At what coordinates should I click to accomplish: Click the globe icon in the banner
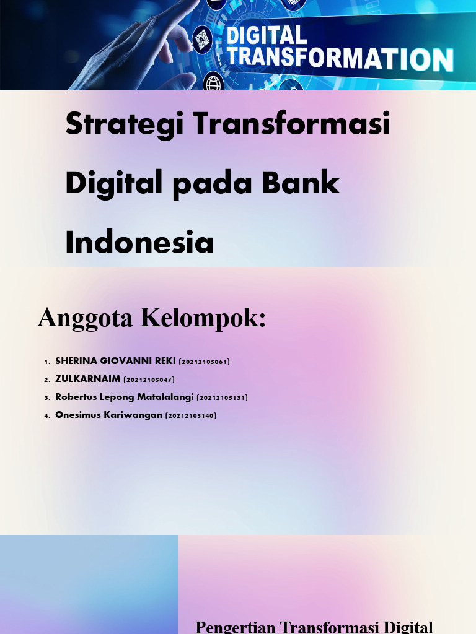point(214,82)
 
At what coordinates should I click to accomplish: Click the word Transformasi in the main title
point(291,124)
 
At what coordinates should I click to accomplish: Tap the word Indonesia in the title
point(139,242)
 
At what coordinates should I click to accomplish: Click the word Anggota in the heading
point(86,318)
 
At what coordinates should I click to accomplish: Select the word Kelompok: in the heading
point(203,318)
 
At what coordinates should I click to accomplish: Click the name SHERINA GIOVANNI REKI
point(115,361)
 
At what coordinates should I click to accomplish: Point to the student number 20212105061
point(204,362)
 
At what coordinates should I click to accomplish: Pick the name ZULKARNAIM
point(88,379)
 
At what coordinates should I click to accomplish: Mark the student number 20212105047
point(149,380)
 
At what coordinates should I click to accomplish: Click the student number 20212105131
point(222,397)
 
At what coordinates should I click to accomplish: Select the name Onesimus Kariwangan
point(108,415)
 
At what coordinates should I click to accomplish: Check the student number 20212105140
point(191,415)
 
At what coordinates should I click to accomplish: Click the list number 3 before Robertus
point(46,397)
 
